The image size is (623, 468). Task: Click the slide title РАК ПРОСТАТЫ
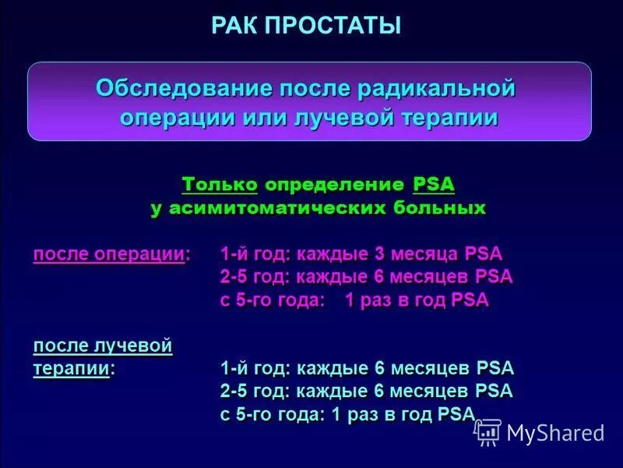coord(306,26)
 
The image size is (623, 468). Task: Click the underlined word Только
coord(220,186)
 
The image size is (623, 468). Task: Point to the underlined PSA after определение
coord(434,186)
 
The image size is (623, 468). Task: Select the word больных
coord(442,208)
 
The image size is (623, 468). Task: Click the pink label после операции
coord(110,254)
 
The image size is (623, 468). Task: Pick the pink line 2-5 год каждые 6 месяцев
coord(366,277)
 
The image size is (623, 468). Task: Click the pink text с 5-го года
coord(271,300)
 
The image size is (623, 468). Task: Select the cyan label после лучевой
coord(102,346)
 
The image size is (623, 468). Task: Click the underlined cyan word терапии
coord(71,368)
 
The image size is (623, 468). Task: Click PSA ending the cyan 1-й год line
coord(495,368)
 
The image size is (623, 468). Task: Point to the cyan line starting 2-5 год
coord(366,392)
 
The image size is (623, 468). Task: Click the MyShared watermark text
coord(555,432)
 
